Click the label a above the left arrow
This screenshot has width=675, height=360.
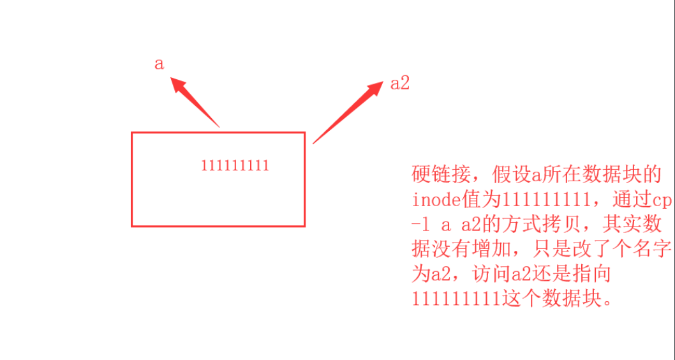pyautogui.click(x=159, y=64)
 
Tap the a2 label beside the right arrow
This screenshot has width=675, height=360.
pyautogui.click(x=399, y=84)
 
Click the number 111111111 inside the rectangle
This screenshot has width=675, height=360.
pyautogui.click(x=235, y=166)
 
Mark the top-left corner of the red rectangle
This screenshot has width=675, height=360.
pyautogui.click(x=132, y=133)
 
